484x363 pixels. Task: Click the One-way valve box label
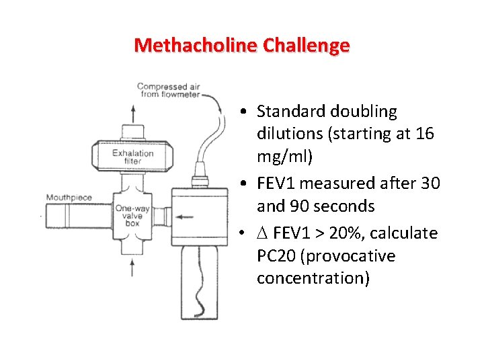132,216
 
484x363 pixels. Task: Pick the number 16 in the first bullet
424,134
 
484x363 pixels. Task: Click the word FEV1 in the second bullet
282,183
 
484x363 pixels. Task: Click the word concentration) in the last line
313,278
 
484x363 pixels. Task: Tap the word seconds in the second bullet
340,205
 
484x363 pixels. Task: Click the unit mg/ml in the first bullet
278,157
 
